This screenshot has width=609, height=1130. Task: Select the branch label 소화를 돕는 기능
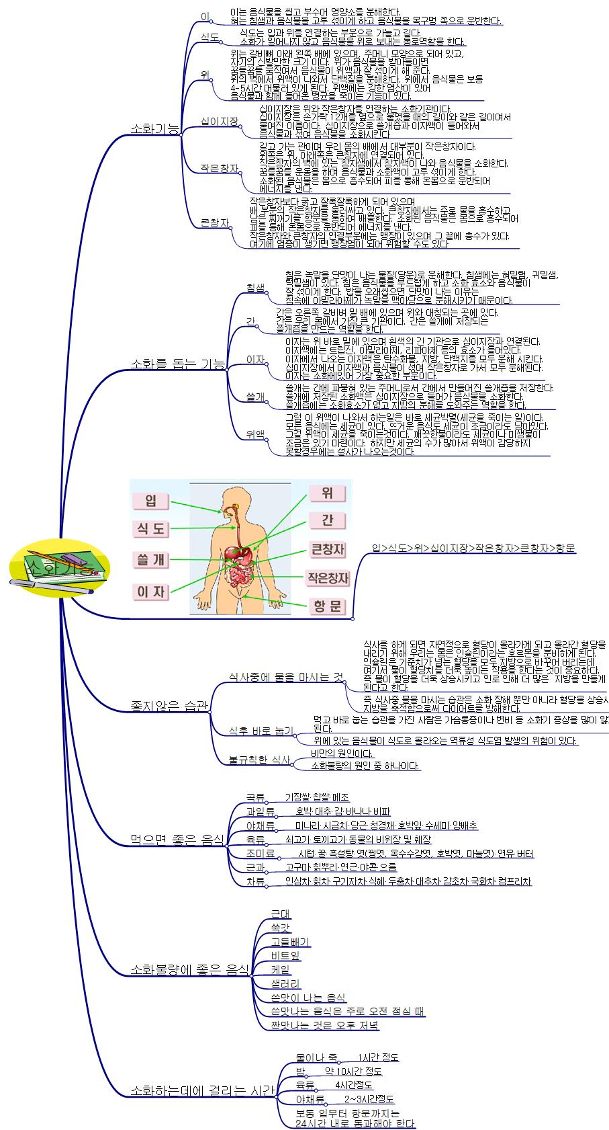pyautogui.click(x=178, y=364)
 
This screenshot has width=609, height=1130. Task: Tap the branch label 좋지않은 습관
pyautogui.click(x=169, y=705)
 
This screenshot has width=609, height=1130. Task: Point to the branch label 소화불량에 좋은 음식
pyautogui.click(x=189, y=969)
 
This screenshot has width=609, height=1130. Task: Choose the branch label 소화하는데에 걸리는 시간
pyautogui.click(x=202, y=1090)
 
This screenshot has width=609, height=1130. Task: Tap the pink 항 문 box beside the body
pyautogui.click(x=327, y=606)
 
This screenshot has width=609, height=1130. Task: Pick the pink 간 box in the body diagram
pyautogui.click(x=327, y=520)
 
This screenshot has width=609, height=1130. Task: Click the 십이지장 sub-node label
pyautogui.click(x=220, y=121)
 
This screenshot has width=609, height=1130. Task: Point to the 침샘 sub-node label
pyautogui.click(x=256, y=288)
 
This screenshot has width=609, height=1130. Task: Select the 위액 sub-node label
pyautogui.click(x=256, y=433)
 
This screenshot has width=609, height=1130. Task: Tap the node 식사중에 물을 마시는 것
pyautogui.click(x=286, y=676)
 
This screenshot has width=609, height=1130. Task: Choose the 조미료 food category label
pyautogui.click(x=261, y=853)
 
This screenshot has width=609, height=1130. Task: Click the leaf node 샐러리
pyautogui.click(x=285, y=983)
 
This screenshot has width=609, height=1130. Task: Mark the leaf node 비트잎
pyautogui.click(x=285, y=955)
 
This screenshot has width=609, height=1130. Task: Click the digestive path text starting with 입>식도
pyautogui.click(x=473, y=548)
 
